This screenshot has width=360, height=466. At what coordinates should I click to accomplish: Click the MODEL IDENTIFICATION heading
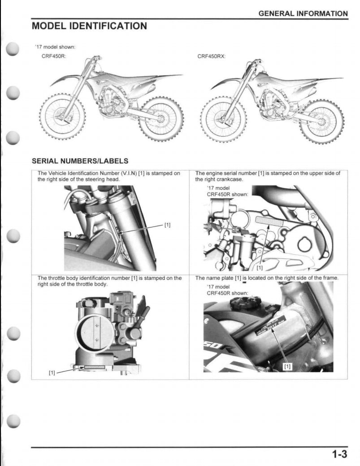89,26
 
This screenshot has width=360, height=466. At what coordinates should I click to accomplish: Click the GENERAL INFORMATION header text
303,13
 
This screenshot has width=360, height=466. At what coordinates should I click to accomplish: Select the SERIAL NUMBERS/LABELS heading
80,161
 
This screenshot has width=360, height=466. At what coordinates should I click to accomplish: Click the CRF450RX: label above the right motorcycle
211,56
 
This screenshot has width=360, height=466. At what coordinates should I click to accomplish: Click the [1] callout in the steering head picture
167,225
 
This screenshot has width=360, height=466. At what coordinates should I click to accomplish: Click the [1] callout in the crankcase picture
259,268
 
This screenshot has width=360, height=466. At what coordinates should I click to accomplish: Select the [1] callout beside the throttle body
52,373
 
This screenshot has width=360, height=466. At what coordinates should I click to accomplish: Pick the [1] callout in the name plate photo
287,366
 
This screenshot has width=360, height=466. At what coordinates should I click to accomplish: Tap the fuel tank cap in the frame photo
242,304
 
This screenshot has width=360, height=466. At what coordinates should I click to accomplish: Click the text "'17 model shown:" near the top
55,47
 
